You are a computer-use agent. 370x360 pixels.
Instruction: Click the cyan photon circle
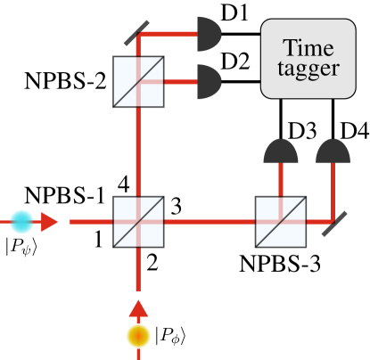click(22, 221)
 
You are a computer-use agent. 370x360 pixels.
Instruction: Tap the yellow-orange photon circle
click(138, 336)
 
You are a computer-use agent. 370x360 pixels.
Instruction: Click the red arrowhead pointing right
click(51, 221)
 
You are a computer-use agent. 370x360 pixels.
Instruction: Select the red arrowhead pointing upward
click(138, 308)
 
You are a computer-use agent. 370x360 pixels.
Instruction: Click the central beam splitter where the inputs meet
click(138, 221)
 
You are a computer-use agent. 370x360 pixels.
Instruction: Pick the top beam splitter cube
click(138, 81)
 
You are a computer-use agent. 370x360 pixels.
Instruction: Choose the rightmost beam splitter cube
click(280, 221)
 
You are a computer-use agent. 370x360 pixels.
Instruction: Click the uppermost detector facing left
click(208, 36)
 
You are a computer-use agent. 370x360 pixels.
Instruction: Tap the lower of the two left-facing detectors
click(208, 82)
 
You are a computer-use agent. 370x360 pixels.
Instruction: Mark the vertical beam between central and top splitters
click(138, 151)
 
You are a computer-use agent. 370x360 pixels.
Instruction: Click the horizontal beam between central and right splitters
click(210, 221)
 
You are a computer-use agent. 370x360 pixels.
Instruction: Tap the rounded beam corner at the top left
click(141, 38)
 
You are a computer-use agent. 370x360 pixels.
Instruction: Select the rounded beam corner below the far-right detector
click(331, 218)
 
